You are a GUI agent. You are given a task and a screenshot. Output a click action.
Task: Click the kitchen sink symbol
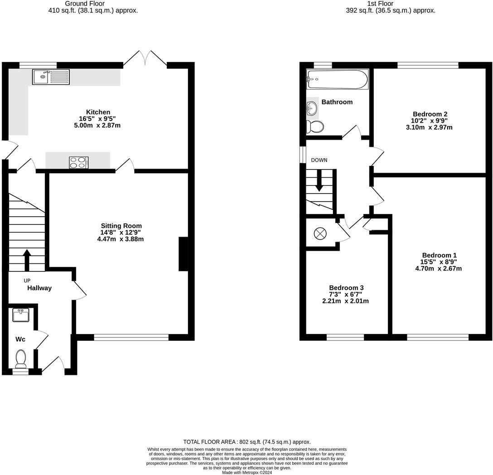(x=51, y=77)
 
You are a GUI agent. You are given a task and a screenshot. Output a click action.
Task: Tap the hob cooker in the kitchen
(x=79, y=162)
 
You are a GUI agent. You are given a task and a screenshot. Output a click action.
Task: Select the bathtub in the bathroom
(x=338, y=79)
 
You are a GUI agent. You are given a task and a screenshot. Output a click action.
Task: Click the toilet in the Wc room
(x=21, y=359)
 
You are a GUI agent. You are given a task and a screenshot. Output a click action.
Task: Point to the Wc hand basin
(x=21, y=315)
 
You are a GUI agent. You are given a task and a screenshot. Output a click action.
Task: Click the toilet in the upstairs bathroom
(x=314, y=126)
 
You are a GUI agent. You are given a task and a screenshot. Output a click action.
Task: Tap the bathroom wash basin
(x=312, y=108)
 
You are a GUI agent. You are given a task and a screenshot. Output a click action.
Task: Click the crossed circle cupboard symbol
(x=320, y=233)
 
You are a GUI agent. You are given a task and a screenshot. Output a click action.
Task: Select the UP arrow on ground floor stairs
(x=27, y=260)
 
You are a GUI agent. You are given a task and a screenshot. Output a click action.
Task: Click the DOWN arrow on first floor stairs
(x=319, y=180)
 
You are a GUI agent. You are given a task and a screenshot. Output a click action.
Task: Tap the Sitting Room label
(x=121, y=226)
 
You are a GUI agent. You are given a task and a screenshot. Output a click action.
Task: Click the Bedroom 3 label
(x=346, y=288)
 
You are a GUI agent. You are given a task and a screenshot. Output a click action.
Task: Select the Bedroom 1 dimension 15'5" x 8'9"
(x=438, y=262)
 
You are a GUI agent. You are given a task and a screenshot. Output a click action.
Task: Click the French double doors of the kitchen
(x=145, y=59)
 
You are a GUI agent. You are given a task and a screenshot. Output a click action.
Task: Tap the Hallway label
(x=39, y=288)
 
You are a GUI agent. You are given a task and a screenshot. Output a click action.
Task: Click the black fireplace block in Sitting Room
(x=184, y=254)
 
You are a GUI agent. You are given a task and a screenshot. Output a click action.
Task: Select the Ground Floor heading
(x=93, y=3)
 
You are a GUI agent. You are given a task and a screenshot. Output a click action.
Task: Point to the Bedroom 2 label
(x=430, y=114)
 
